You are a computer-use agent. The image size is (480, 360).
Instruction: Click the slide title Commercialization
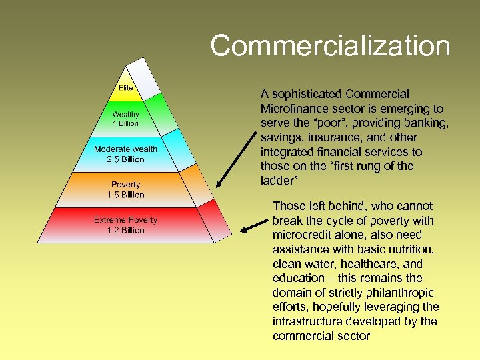pyautogui.click(x=330, y=46)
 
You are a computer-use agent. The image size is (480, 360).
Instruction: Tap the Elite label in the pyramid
pyautogui.click(x=125, y=88)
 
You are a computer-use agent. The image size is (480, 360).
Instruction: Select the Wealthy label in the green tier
pyautogui.click(x=125, y=115)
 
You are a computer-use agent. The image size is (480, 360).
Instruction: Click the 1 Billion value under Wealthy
pyautogui.click(x=125, y=123)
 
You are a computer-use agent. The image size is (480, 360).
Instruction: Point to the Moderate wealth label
pyautogui.click(x=125, y=149)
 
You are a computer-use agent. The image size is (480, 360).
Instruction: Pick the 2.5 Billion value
pyautogui.click(x=125, y=159)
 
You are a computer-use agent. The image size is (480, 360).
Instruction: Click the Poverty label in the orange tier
pyautogui.click(x=125, y=185)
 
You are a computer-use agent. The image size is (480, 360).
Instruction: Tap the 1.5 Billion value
pyautogui.click(x=125, y=195)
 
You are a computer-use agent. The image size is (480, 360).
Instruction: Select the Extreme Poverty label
pyautogui.click(x=125, y=220)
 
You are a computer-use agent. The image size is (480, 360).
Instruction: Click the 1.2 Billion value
pyautogui.click(x=125, y=230)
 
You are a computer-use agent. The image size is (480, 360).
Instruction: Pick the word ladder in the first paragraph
pyautogui.click(x=277, y=181)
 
